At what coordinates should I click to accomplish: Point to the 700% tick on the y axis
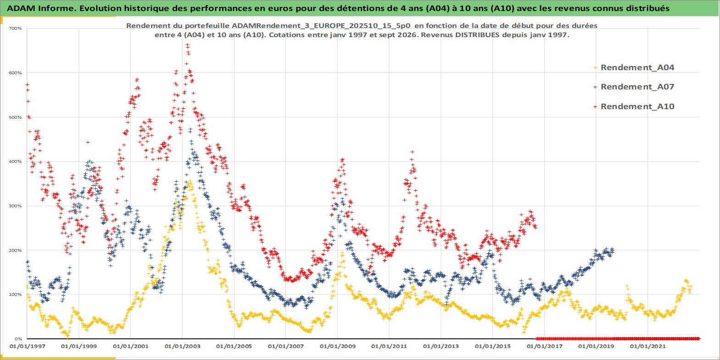pos(15,28)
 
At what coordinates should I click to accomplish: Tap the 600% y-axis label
pos(15,73)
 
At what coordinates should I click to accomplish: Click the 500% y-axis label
pos(15,117)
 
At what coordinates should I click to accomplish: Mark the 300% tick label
pos(15,206)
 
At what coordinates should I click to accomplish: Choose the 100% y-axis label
pos(15,294)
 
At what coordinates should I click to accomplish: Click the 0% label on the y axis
pos(18,339)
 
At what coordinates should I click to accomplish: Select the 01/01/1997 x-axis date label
pos(28,347)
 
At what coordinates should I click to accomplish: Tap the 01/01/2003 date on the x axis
pos(182,347)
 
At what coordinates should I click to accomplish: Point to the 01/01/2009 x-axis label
pos(337,347)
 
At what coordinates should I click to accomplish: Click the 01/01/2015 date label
pos(492,347)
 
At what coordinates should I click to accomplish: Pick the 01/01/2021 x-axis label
pos(647,347)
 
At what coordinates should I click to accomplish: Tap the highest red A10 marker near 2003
pos(187,45)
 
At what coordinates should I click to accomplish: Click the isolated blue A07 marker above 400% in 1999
pos(88,142)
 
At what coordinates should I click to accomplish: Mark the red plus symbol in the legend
pos(595,106)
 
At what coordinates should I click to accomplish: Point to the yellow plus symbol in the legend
pos(595,68)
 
